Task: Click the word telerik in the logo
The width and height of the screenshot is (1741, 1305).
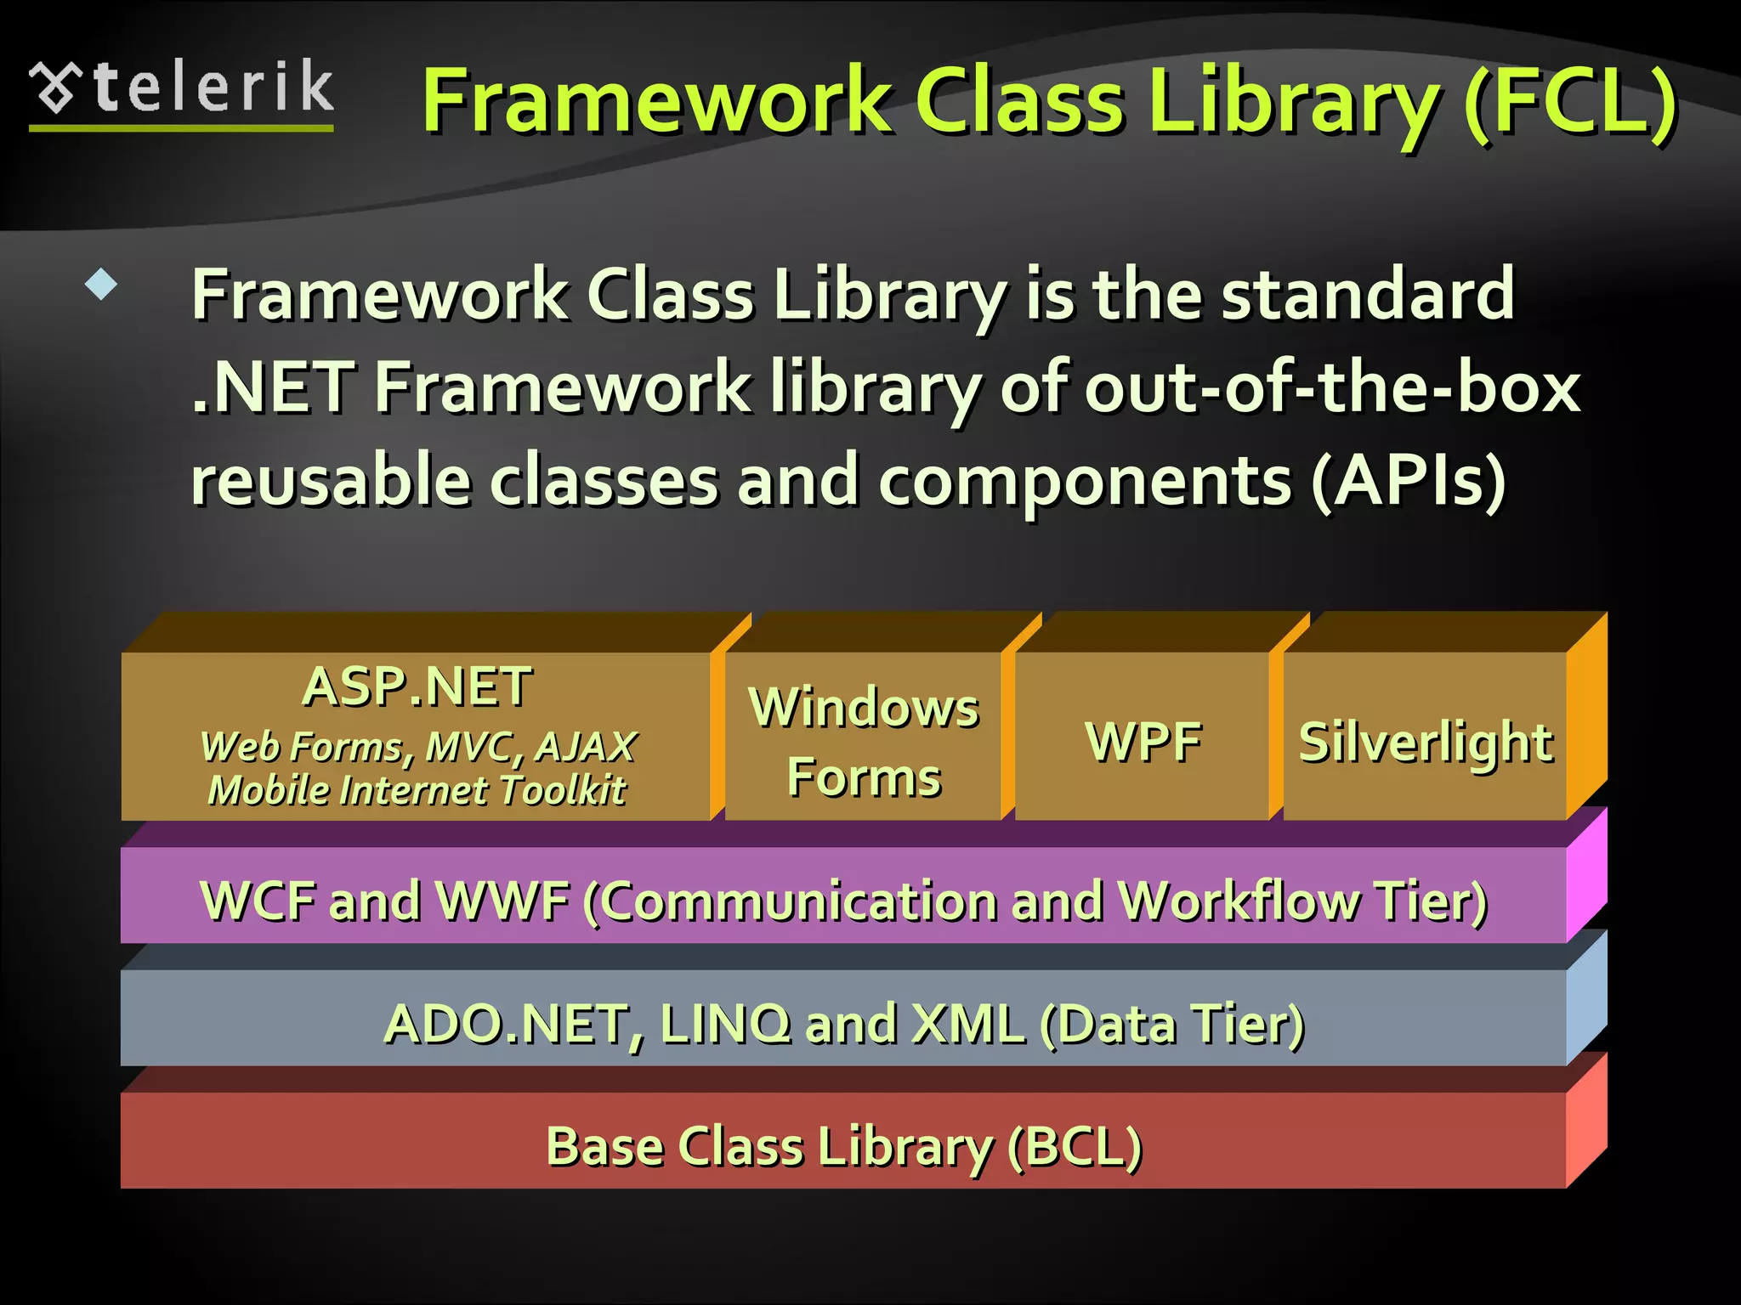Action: coord(214,87)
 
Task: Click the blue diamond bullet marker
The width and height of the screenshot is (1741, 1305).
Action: coord(101,284)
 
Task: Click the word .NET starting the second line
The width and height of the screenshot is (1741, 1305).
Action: coord(272,387)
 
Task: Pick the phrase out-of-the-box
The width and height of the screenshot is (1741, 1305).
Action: coord(1331,387)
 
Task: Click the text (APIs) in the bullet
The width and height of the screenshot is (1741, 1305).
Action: coord(1408,481)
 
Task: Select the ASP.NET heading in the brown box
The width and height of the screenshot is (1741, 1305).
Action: coord(417,686)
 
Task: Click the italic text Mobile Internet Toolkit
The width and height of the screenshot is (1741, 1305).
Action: coord(417,790)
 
